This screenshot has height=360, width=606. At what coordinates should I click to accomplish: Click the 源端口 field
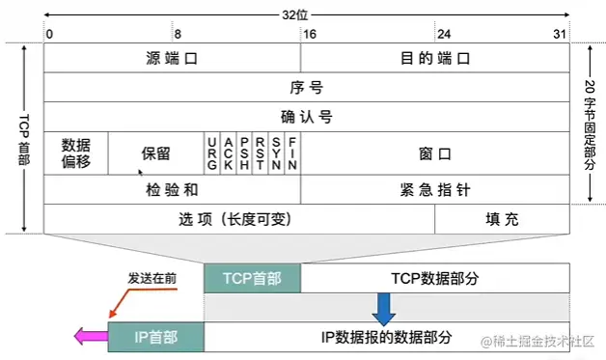[x=172, y=58]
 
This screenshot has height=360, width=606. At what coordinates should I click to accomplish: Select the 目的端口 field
[x=436, y=58]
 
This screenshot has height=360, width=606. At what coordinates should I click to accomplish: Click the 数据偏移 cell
[x=76, y=152]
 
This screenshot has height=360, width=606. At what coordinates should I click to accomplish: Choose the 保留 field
[x=155, y=152]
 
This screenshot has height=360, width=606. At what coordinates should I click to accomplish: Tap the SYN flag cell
[x=276, y=152]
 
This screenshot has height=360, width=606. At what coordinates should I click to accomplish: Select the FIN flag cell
[x=291, y=152]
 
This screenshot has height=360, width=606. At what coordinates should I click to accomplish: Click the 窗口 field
[x=436, y=152]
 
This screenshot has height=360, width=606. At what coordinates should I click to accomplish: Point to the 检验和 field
[x=172, y=189]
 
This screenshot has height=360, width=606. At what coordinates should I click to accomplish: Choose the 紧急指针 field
[x=436, y=189]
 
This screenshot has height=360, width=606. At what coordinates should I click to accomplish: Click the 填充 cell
[x=502, y=219]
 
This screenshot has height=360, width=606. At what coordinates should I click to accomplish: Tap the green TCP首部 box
[x=252, y=278]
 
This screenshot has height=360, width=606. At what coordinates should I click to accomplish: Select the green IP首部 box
[x=155, y=337]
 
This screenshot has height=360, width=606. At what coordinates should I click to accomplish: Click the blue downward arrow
[x=384, y=309]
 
